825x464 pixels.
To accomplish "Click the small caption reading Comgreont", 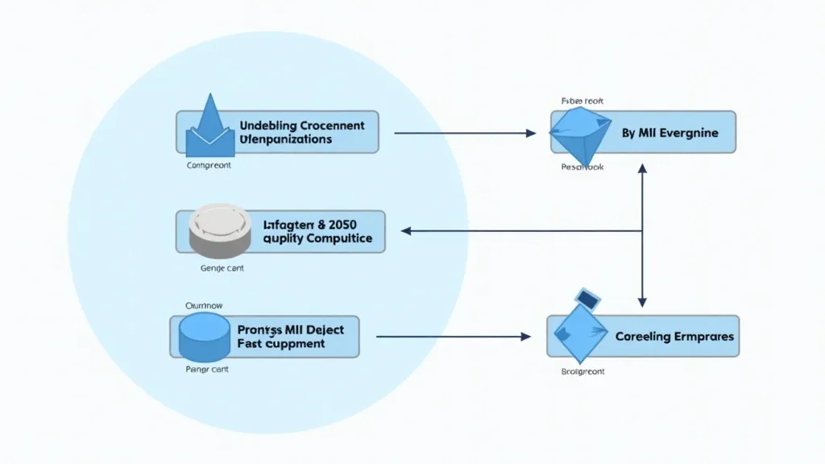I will pyautogui.click(x=209, y=165).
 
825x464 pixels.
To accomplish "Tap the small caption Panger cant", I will pyautogui.click(x=205, y=371).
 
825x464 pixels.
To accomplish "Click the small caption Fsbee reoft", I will pyautogui.click(x=582, y=101).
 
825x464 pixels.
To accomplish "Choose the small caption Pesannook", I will pyautogui.click(x=582, y=168).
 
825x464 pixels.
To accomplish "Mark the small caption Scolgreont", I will pyautogui.click(x=582, y=371).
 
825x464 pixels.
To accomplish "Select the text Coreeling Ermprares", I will pyautogui.click(x=674, y=336).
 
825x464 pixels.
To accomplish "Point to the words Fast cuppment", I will pyautogui.click(x=281, y=343).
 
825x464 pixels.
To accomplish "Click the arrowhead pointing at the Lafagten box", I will pyautogui.click(x=406, y=231).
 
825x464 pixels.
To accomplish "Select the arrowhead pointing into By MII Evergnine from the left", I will pyautogui.click(x=531, y=133).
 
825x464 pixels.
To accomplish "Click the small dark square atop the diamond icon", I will pyautogui.click(x=587, y=299).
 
